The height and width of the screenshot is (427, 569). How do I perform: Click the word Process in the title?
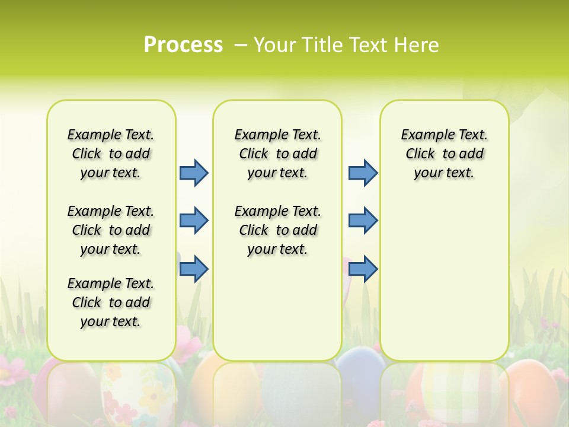coord(183,45)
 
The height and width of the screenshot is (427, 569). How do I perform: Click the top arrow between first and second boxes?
coord(194,173)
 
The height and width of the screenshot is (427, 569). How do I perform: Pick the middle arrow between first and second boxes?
coord(194,221)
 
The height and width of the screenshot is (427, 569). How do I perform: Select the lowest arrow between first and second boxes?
coord(194,269)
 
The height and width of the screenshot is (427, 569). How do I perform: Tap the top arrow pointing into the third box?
coord(363,173)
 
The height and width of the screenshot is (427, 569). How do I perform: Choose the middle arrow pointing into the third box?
coord(363,221)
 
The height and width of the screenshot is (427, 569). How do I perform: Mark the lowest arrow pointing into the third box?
coord(363,269)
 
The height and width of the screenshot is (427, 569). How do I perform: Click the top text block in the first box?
coord(111,154)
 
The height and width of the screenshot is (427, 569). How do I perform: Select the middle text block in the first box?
coord(111,230)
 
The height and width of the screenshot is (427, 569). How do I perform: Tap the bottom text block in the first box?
coord(111,302)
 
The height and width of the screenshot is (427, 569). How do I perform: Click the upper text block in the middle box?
coord(277,154)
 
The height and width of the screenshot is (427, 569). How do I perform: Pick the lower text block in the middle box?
coord(277,230)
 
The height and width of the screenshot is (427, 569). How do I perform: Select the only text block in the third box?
coord(444,154)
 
